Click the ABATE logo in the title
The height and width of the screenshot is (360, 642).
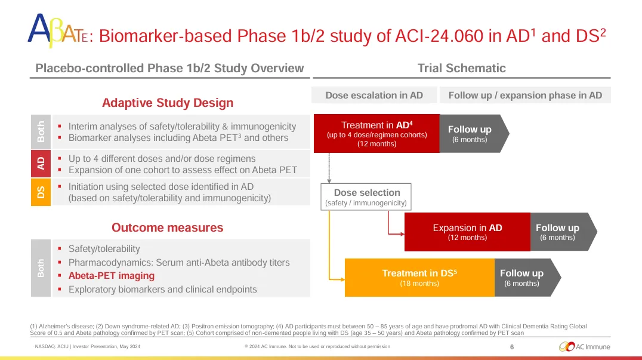coord(58,30)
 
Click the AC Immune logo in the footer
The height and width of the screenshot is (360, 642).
coord(584,346)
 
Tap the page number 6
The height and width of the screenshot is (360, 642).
coord(512,347)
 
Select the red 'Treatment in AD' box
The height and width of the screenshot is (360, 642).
coord(376,134)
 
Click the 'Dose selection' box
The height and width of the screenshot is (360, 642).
coord(366,197)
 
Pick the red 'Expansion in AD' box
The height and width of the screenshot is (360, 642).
coord(467,232)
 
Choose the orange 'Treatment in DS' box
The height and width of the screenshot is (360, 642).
coord(419,278)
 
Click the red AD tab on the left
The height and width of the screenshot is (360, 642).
coord(41,164)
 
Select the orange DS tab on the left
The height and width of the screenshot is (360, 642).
coord(41,192)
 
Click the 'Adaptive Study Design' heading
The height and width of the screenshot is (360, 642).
coord(168,103)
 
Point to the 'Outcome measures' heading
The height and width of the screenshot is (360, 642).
coord(168,227)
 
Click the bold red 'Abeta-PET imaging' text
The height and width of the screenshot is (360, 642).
coord(112,276)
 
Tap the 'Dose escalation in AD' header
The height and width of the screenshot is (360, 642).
coord(374,96)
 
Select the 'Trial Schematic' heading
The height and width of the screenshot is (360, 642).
coord(461,68)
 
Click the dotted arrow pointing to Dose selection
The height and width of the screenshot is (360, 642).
coord(329,168)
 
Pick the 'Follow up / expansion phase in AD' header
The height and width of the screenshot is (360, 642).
coord(525,96)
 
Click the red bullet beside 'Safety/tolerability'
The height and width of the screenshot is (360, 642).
coord(60,248)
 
